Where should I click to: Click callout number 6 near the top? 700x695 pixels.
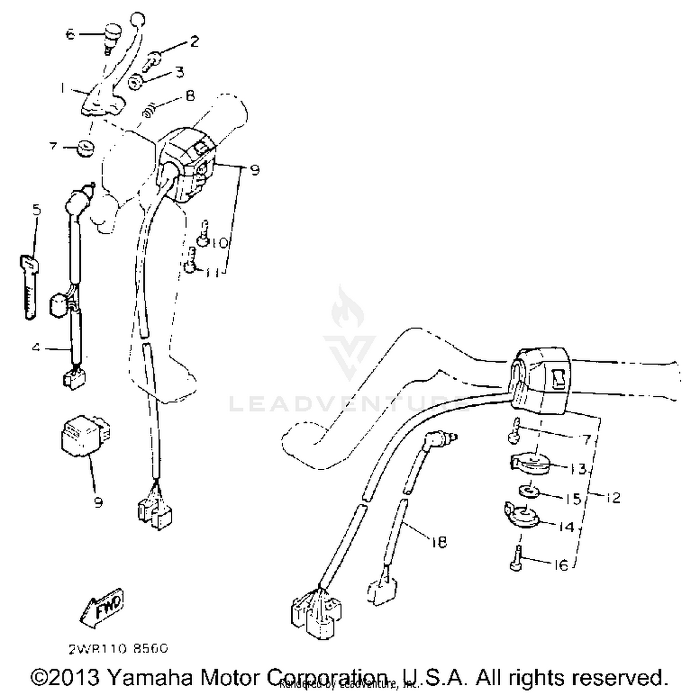(70, 34)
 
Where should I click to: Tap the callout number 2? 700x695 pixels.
(194, 41)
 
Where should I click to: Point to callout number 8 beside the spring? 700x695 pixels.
(190, 96)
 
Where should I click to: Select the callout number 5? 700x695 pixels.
(36, 210)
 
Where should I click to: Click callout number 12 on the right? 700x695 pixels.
(614, 498)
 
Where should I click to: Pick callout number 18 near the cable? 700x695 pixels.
(439, 542)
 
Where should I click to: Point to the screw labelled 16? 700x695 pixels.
(516, 558)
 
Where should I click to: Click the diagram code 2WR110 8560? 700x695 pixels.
(118, 649)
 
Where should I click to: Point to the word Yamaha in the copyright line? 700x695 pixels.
(152, 677)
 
